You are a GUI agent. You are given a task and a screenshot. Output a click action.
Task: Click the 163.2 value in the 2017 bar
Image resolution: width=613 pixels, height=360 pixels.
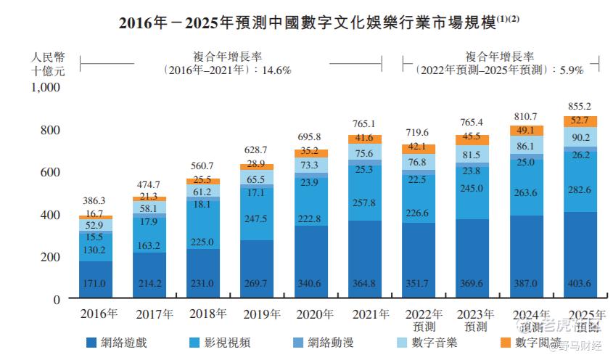click(149, 246)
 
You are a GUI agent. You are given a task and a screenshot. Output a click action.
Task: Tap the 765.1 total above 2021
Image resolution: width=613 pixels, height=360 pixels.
click(366, 124)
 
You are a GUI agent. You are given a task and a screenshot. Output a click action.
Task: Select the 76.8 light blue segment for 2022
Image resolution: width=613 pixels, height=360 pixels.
click(419, 163)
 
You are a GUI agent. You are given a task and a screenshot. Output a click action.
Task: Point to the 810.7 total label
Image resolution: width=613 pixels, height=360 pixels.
click(526, 116)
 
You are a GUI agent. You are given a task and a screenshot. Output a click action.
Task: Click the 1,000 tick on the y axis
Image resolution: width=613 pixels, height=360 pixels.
click(46, 88)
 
